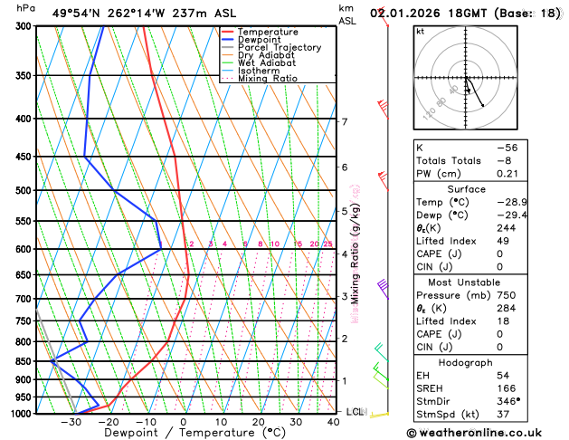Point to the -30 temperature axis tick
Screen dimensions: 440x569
click(x=71, y=422)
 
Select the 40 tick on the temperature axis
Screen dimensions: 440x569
click(x=334, y=422)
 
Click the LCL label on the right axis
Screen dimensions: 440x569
click(x=355, y=412)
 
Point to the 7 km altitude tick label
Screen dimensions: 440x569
click(x=344, y=121)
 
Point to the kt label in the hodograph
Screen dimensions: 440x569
click(x=420, y=31)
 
